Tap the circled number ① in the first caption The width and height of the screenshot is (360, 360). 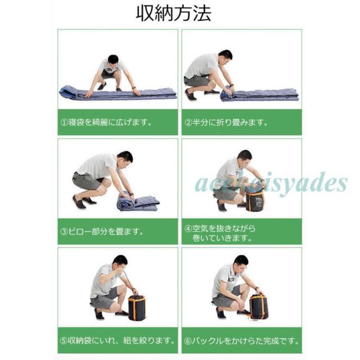pyautogui.click(x=64, y=122)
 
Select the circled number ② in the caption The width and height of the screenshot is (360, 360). pyautogui.click(x=189, y=122)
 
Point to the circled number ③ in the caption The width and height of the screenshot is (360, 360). pyautogui.click(x=64, y=231)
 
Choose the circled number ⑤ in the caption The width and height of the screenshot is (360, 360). pyautogui.click(x=64, y=340)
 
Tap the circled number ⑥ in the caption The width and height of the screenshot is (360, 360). pyautogui.click(x=189, y=340)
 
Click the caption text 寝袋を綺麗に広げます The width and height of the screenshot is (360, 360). pyautogui.click(x=102, y=122)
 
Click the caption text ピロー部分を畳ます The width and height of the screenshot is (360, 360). pyautogui.click(x=106, y=231)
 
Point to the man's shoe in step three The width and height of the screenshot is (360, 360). pyautogui.click(x=79, y=203)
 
